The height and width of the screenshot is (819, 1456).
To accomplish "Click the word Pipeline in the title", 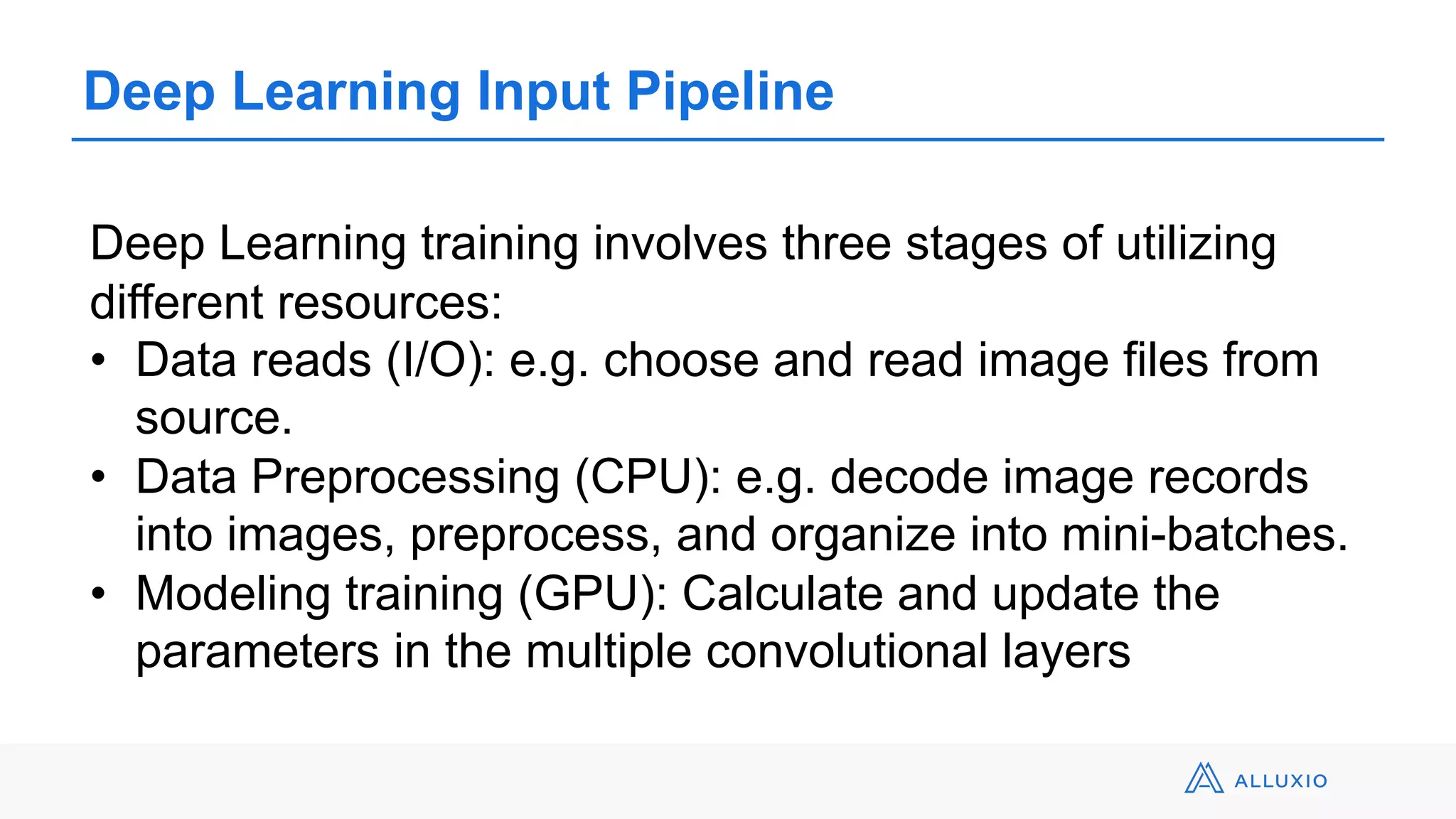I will tap(729, 92).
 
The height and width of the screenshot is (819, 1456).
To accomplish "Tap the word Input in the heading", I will tap(543, 92).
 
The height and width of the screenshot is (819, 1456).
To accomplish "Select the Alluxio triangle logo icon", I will tap(1203, 778).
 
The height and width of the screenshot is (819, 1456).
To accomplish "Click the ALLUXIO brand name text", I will tap(1280, 781).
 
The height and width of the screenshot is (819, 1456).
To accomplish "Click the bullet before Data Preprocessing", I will tap(98, 477).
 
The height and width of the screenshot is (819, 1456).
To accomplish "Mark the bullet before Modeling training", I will tap(98, 594).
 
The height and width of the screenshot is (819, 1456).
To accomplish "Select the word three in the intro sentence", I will tap(836, 244).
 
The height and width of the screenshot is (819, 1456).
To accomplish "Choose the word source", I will tap(213, 419).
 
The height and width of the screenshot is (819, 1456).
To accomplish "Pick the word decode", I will tap(909, 477).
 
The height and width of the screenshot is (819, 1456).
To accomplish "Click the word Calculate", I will tap(782, 594).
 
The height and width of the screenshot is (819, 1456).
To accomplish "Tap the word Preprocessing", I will tap(405, 477).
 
